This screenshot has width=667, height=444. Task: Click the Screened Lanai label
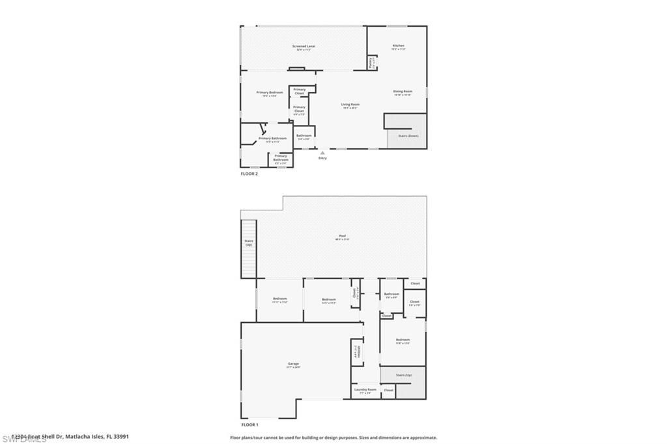pyautogui.click(x=304, y=46)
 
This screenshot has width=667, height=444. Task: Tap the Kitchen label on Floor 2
pyautogui.click(x=398, y=46)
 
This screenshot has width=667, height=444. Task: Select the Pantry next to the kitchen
pyautogui.click(x=371, y=63)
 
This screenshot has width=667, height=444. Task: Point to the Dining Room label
pyautogui.click(x=403, y=91)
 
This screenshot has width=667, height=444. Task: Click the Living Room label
pyautogui.click(x=350, y=104)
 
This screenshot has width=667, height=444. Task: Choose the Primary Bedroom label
pyautogui.click(x=270, y=92)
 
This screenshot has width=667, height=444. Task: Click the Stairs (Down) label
pyautogui.click(x=408, y=135)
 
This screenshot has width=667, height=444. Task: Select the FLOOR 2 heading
pyautogui.click(x=250, y=174)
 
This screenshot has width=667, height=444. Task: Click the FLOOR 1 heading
pyautogui.click(x=250, y=424)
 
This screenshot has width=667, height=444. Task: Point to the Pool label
pyautogui.click(x=342, y=236)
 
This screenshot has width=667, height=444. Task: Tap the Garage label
pyautogui.click(x=293, y=364)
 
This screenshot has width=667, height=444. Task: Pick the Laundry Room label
pyautogui.click(x=365, y=389)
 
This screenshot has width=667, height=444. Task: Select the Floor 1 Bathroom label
pyautogui.click(x=391, y=294)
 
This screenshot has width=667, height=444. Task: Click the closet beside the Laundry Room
pyautogui.click(x=388, y=390)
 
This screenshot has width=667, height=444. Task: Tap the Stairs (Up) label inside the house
pyautogui.click(x=404, y=375)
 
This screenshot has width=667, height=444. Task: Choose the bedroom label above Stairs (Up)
pyautogui.click(x=403, y=340)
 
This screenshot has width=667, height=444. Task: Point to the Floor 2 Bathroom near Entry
pyautogui.click(x=304, y=135)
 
